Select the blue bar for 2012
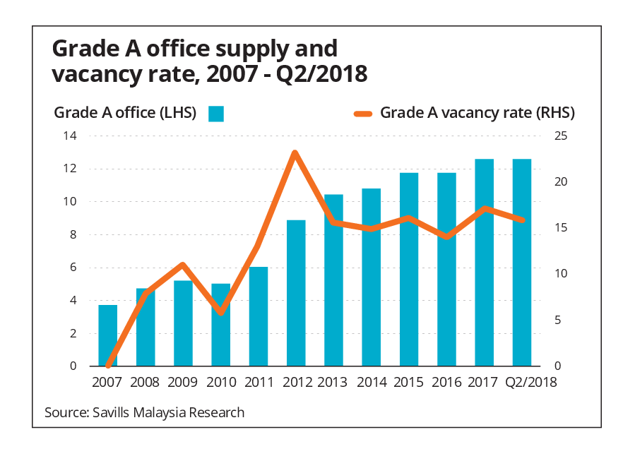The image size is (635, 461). (296, 293)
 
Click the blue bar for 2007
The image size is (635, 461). (107, 335)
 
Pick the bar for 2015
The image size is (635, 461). (409, 269)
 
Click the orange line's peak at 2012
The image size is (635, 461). (295, 152)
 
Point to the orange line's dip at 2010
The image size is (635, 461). (221, 312)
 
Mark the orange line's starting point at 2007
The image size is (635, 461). (108, 366)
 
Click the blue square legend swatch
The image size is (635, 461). (215, 114)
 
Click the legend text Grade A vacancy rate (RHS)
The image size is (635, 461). (477, 113)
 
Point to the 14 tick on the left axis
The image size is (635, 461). (71, 136)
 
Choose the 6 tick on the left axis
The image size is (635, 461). (73, 268)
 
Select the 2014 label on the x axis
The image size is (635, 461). (371, 383)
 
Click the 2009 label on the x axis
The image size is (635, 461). (182, 383)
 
